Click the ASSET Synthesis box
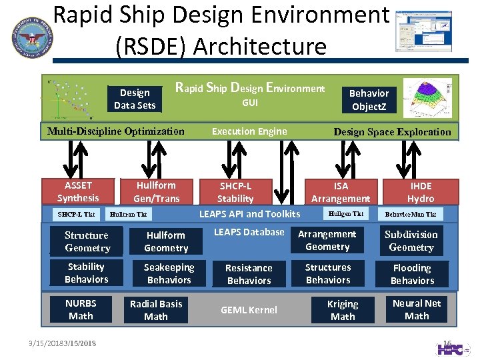click(x=78, y=191)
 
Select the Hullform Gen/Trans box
click(x=156, y=191)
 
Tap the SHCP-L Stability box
click(x=235, y=192)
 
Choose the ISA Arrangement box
click(x=341, y=192)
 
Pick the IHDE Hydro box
click(x=421, y=192)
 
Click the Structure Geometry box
click(x=87, y=241)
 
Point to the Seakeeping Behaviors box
click(x=169, y=273)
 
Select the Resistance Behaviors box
click(x=249, y=274)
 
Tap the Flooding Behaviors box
click(x=412, y=274)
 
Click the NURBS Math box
click(x=81, y=309)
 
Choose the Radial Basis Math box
click(x=156, y=310)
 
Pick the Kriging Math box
click(x=343, y=310)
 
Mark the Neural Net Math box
click(x=417, y=309)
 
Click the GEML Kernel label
click(x=249, y=310)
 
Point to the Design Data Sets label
click(x=135, y=99)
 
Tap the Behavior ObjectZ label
click(x=369, y=99)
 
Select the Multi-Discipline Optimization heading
click(x=116, y=131)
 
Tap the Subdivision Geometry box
click(x=411, y=241)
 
